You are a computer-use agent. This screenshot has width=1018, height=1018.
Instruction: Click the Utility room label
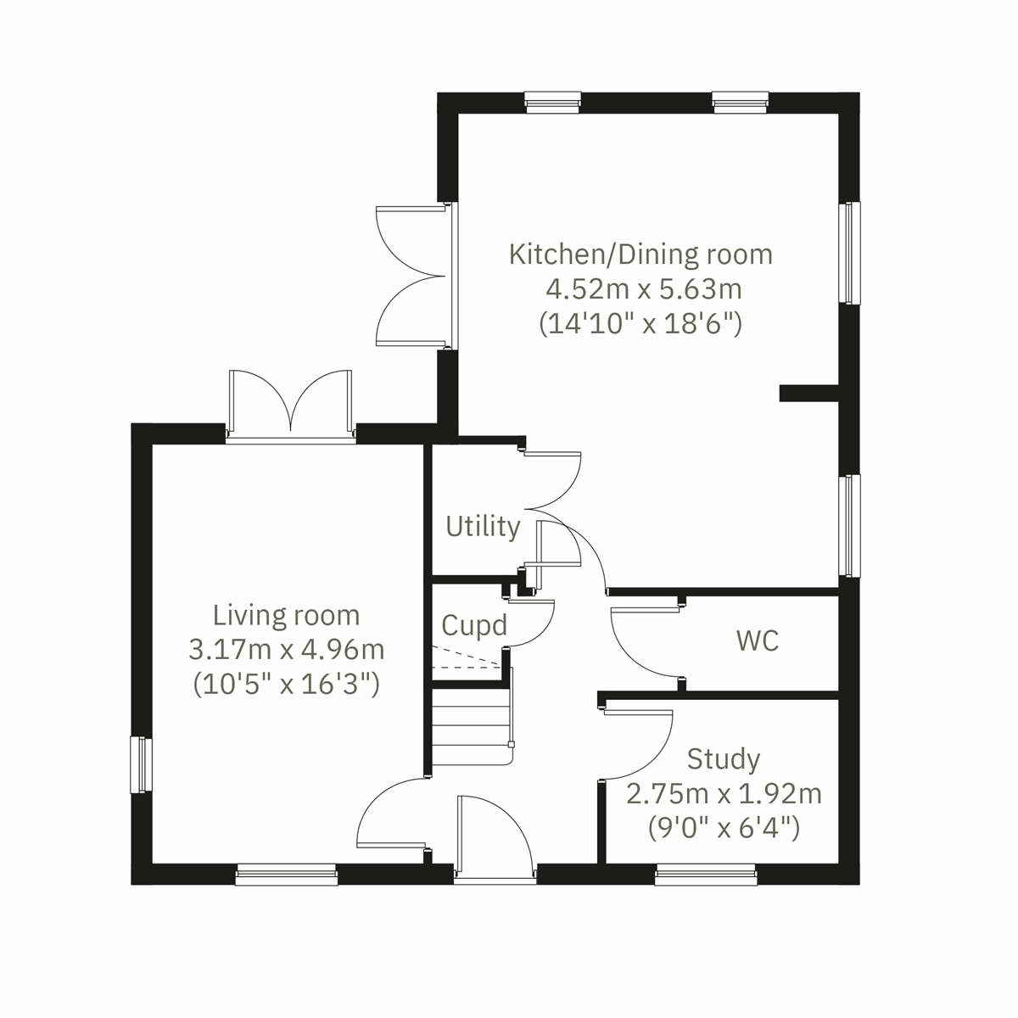(x=483, y=527)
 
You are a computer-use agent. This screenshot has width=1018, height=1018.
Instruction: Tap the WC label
(x=758, y=640)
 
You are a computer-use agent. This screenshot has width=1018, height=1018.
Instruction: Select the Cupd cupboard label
(x=474, y=625)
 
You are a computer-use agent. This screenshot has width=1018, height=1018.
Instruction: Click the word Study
(x=723, y=758)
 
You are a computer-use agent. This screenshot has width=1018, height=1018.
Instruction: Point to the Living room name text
(x=286, y=614)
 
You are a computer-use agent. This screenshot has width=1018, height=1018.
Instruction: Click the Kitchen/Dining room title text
(x=640, y=254)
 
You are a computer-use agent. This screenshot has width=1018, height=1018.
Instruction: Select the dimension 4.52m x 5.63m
(x=643, y=289)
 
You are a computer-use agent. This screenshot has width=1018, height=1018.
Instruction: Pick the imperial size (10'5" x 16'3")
(x=286, y=683)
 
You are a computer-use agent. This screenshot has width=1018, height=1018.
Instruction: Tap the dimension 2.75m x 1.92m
(x=724, y=794)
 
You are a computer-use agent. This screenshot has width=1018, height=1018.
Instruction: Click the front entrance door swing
(x=492, y=836)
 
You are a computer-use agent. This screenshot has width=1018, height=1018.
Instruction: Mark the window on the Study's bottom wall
(x=706, y=875)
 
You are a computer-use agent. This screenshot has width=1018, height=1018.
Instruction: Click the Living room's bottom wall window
(x=286, y=875)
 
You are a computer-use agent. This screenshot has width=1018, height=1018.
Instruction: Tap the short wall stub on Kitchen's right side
(x=808, y=393)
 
